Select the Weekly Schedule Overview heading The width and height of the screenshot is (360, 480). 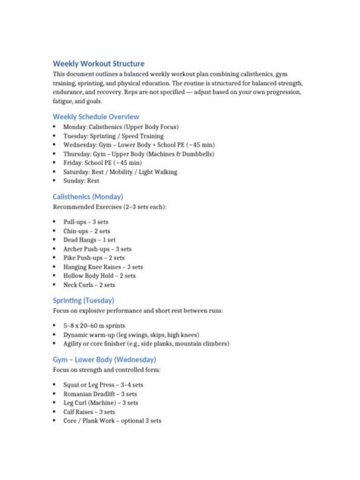(96, 116)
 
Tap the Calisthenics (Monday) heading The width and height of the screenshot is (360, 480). (87, 197)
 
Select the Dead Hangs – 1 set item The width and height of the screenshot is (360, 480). (89, 239)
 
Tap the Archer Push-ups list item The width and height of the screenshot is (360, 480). (94, 248)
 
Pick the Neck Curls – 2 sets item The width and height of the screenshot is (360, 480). (90, 285)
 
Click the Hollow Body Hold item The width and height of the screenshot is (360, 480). (99, 276)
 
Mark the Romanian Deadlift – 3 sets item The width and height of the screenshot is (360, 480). (100, 394)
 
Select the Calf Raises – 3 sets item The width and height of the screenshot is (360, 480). (92, 412)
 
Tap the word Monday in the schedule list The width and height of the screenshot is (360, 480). (75, 126)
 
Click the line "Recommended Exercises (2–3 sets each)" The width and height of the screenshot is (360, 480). (109, 207)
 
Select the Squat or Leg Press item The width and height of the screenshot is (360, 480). (103, 385)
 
